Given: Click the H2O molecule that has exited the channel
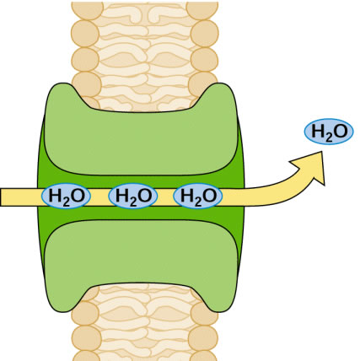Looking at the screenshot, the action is tap(329, 132).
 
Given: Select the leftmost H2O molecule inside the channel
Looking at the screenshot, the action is tap(66, 196).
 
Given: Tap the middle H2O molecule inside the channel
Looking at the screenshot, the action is tap(133, 196).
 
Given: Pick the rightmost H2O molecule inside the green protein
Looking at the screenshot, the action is tap(198, 196).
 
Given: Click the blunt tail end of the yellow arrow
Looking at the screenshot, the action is tap(2, 197).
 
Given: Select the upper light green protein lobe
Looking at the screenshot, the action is tap(142, 132).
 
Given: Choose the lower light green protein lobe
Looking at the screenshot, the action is tap(142, 261).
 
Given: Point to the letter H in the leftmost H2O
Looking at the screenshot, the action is tap(55, 196).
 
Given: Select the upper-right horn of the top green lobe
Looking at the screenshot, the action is tap(220, 91).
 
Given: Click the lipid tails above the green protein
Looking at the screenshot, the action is tap(145, 57).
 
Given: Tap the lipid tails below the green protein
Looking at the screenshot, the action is tap(145, 322).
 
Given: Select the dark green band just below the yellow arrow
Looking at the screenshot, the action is tap(142, 213).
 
